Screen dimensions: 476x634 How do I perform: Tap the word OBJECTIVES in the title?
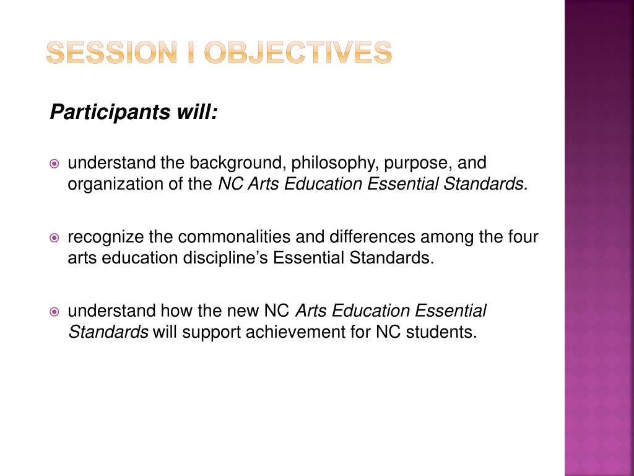298,53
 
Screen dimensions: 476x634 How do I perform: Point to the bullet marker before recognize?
54,237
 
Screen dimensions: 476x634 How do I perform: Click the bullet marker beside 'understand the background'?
54,164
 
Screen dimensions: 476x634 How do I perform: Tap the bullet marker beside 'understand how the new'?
54,311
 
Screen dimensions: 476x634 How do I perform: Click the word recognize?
105,237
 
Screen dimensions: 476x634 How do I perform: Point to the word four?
524,237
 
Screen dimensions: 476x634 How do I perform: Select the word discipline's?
225,258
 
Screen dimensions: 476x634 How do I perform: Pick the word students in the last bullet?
441,332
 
